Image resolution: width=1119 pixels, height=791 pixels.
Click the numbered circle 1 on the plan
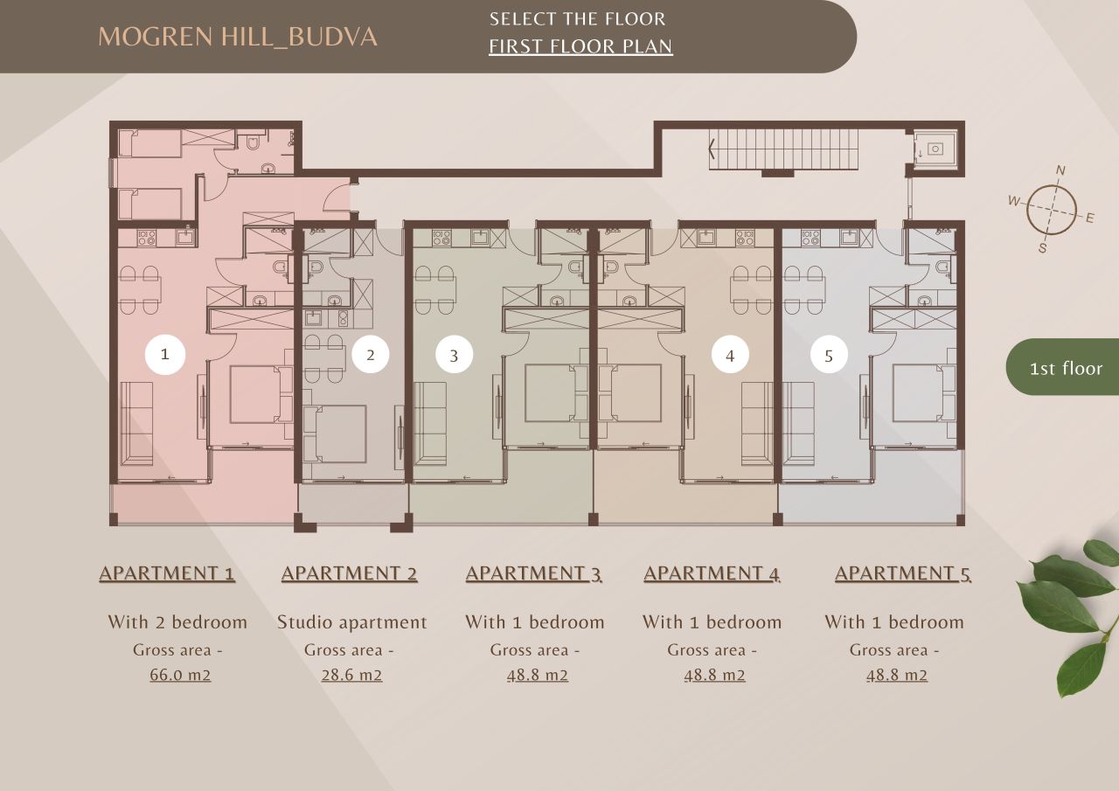pos(164,354)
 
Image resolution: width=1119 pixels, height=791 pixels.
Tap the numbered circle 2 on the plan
pos(371,355)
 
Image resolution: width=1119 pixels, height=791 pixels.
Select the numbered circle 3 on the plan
pos(454,356)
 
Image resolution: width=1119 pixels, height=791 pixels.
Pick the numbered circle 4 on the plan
pos(730,355)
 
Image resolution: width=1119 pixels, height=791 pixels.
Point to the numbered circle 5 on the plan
pos(829,356)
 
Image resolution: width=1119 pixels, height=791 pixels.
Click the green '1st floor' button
pos(1065,368)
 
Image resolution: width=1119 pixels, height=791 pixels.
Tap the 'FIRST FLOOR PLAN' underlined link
pos(580,46)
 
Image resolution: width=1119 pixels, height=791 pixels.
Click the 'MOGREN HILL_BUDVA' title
pos(238,37)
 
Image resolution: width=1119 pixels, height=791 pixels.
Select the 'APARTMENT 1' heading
pos(167,573)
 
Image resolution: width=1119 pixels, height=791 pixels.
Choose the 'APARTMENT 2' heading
pos(349,573)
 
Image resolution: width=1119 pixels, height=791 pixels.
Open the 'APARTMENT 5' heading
pos(902,573)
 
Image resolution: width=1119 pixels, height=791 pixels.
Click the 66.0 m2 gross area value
pos(180,676)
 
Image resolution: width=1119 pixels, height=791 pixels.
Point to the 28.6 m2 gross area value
pos(351,676)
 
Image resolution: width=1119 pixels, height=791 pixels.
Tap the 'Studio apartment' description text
pos(351,622)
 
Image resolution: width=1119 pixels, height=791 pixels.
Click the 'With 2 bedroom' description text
pos(177,622)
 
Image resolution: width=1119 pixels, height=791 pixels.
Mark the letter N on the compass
pos(1060,170)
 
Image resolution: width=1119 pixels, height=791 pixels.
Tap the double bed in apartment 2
pos(341,434)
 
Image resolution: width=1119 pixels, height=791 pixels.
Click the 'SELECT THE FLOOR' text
pos(577,18)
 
